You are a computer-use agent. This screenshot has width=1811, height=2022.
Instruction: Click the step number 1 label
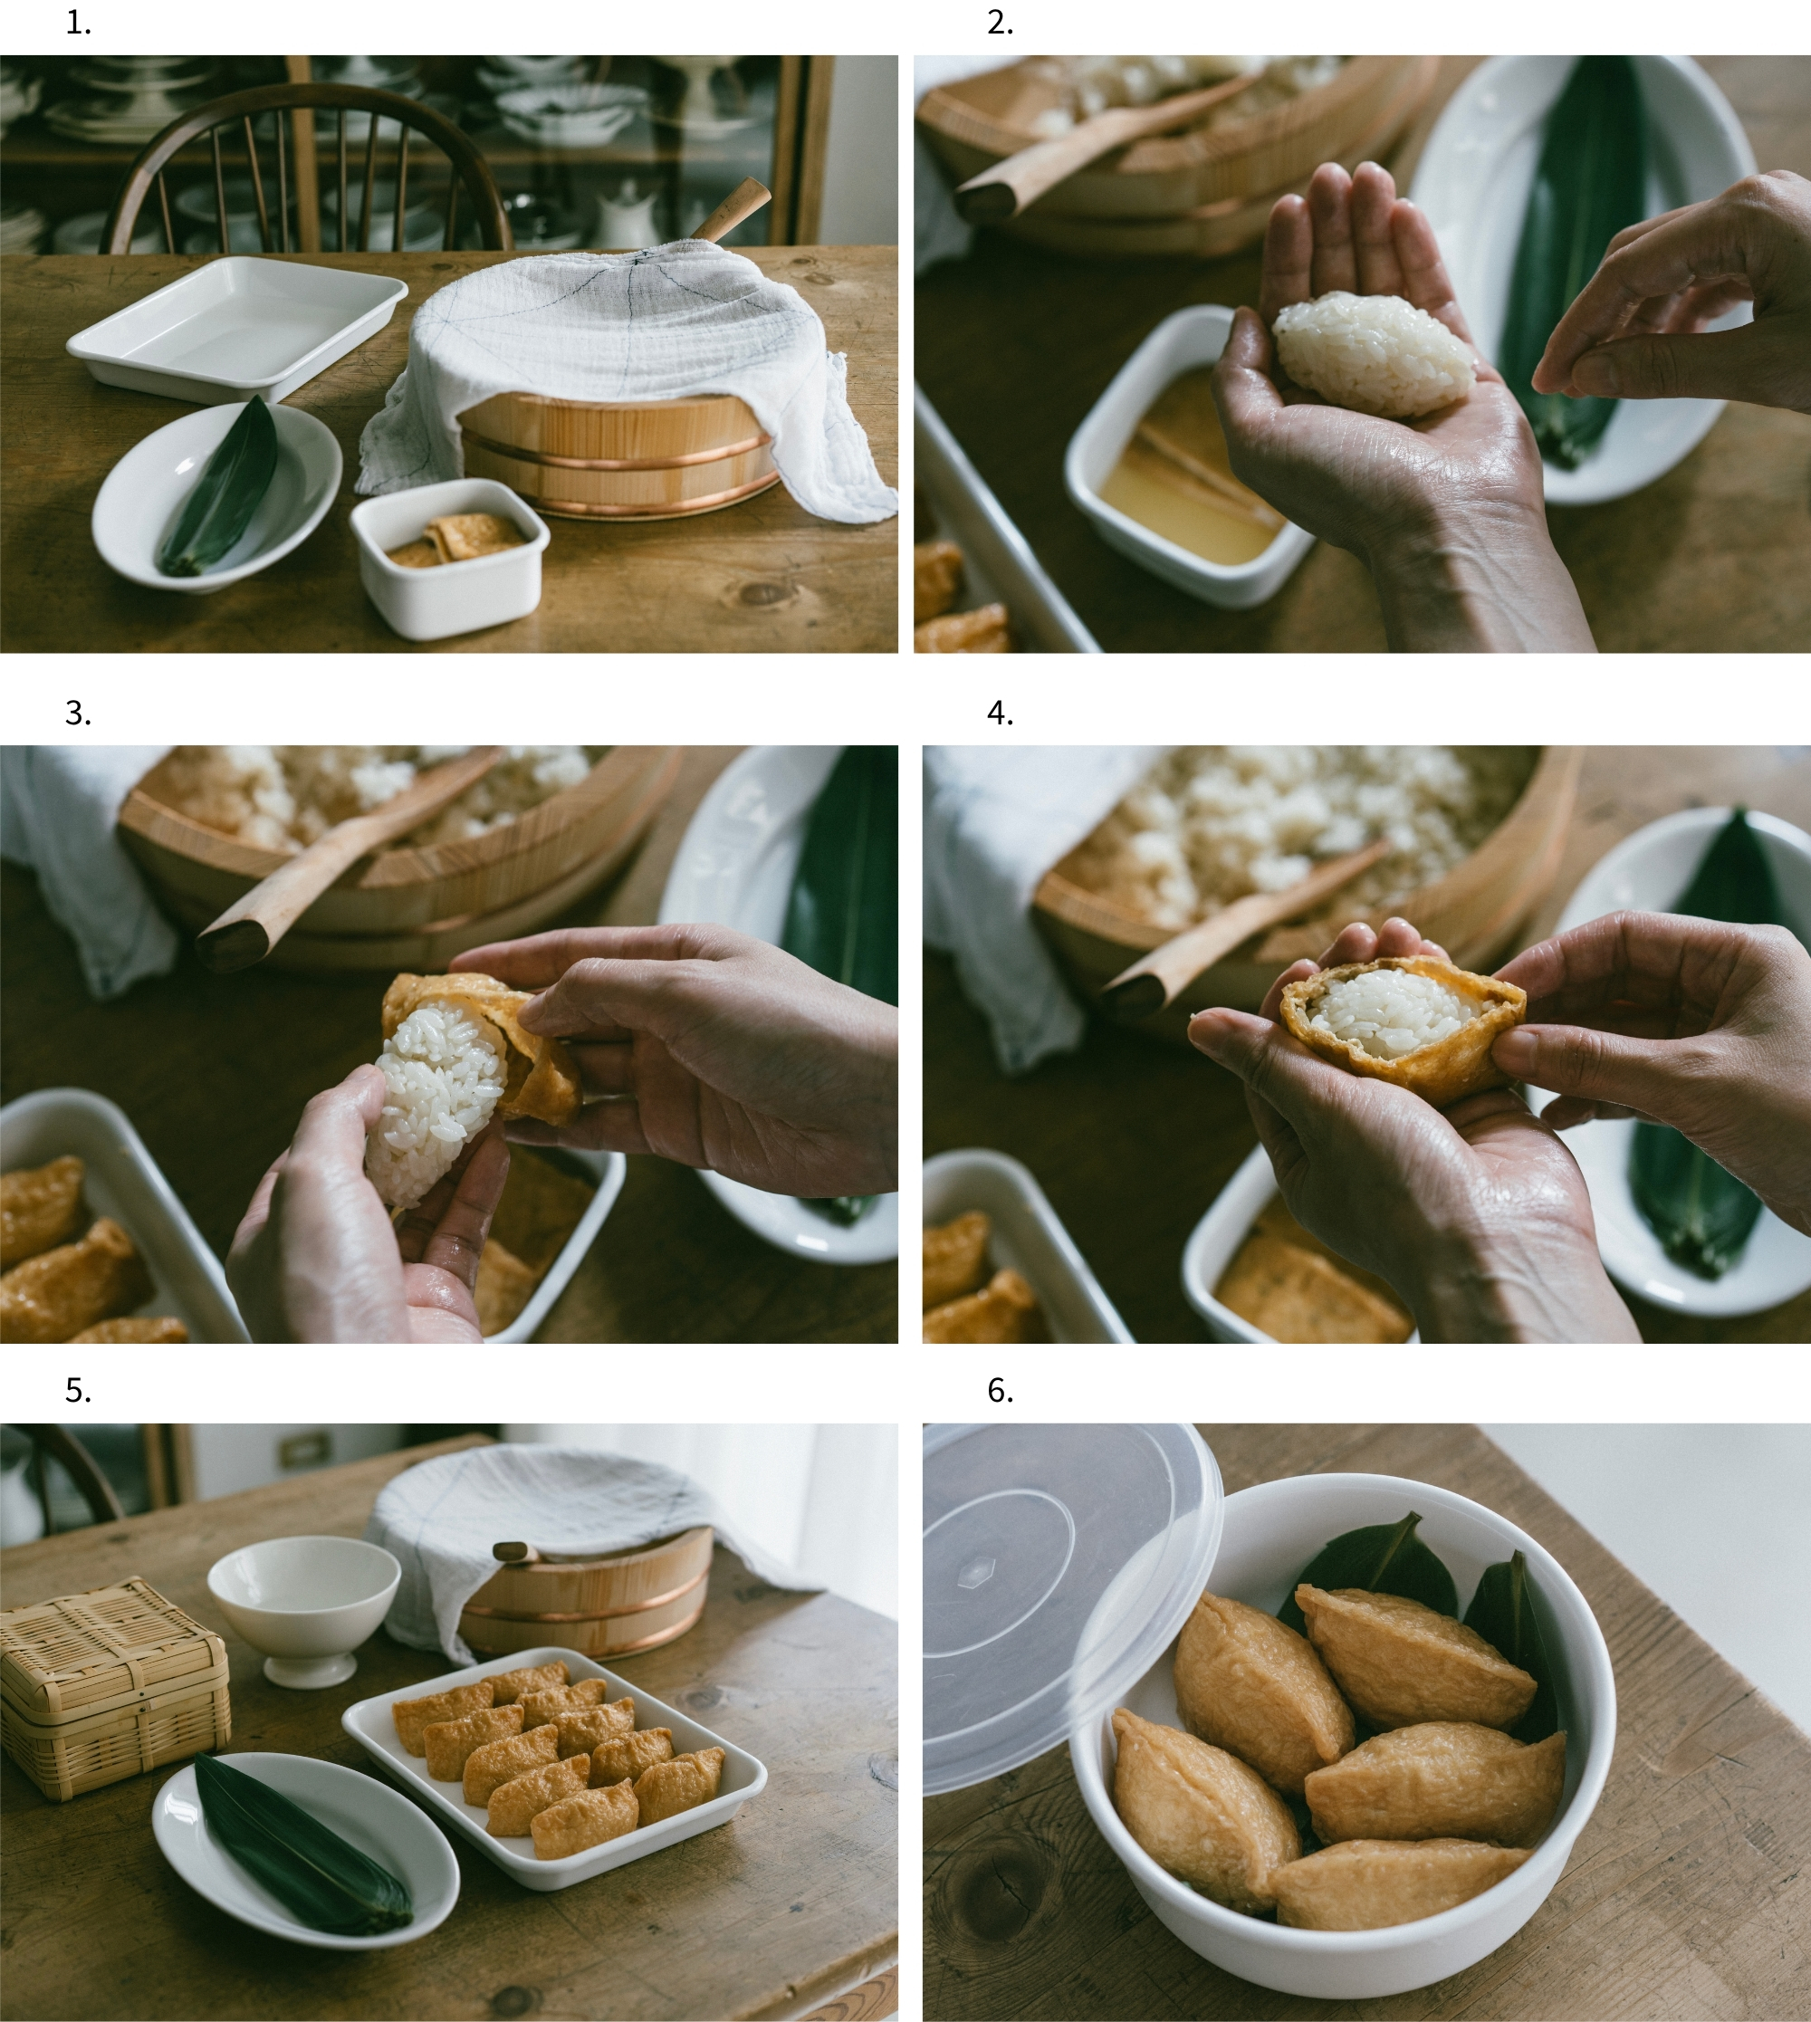click(x=78, y=24)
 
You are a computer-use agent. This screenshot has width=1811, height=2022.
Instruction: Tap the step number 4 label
click(x=1000, y=714)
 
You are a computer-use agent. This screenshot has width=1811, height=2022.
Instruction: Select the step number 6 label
click(x=1000, y=1391)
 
